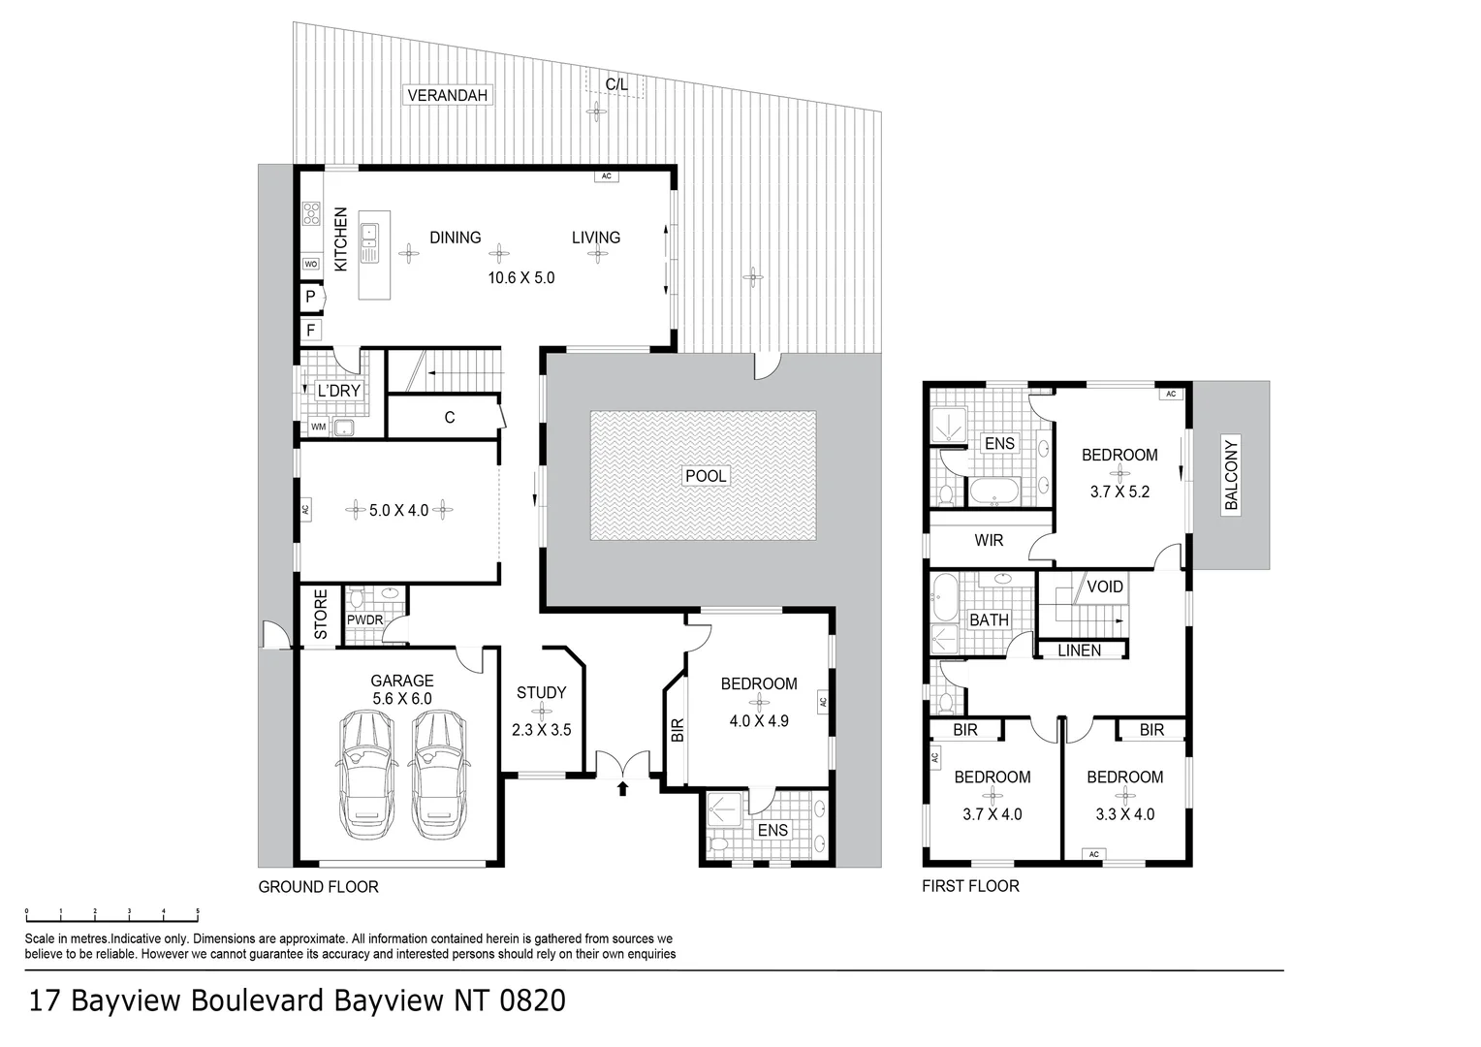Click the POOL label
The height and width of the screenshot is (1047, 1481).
click(x=706, y=476)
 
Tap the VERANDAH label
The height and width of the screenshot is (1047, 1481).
click(x=447, y=95)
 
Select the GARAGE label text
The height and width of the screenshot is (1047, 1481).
click(x=402, y=681)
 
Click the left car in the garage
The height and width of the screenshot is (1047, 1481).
click(x=367, y=775)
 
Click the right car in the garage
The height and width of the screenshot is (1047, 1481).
click(x=439, y=775)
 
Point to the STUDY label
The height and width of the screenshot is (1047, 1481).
click(x=542, y=692)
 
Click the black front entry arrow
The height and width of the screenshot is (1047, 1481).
click(x=622, y=788)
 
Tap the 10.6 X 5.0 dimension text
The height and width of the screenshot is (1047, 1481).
click(x=521, y=278)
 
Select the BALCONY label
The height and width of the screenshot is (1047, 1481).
click(x=1231, y=475)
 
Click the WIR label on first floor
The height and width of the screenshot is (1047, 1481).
click(x=989, y=540)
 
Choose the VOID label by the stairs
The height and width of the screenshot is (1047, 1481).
click(x=1105, y=587)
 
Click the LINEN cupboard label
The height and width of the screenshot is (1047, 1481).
click(x=1079, y=650)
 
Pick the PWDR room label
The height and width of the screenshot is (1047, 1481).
click(x=365, y=619)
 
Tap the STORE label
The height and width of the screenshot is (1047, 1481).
click(x=321, y=615)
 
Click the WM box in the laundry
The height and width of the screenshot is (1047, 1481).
click(x=319, y=427)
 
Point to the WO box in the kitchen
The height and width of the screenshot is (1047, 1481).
click(x=311, y=264)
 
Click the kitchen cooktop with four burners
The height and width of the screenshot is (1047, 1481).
click(x=311, y=213)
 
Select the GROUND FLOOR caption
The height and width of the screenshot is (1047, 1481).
click(x=318, y=887)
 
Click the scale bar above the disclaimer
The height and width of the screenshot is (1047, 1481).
click(x=111, y=916)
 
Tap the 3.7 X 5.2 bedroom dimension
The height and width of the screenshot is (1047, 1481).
click(x=1119, y=492)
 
